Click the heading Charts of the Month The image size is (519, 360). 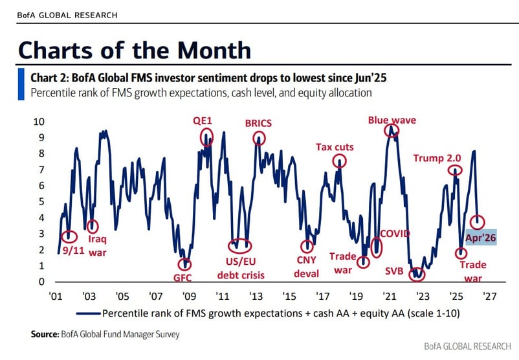coord(134,50)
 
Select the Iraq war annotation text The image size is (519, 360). coord(97,246)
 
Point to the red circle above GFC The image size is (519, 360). coord(186,264)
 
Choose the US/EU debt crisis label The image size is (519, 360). coord(240,269)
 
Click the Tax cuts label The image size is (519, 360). coord(335,147)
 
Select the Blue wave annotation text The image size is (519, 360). coord(392,120)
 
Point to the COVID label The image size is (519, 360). coord(395,233)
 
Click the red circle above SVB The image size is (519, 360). coord(419,274)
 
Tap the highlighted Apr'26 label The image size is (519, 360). coord(481,238)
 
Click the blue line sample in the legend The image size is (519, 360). coord(88,313)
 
